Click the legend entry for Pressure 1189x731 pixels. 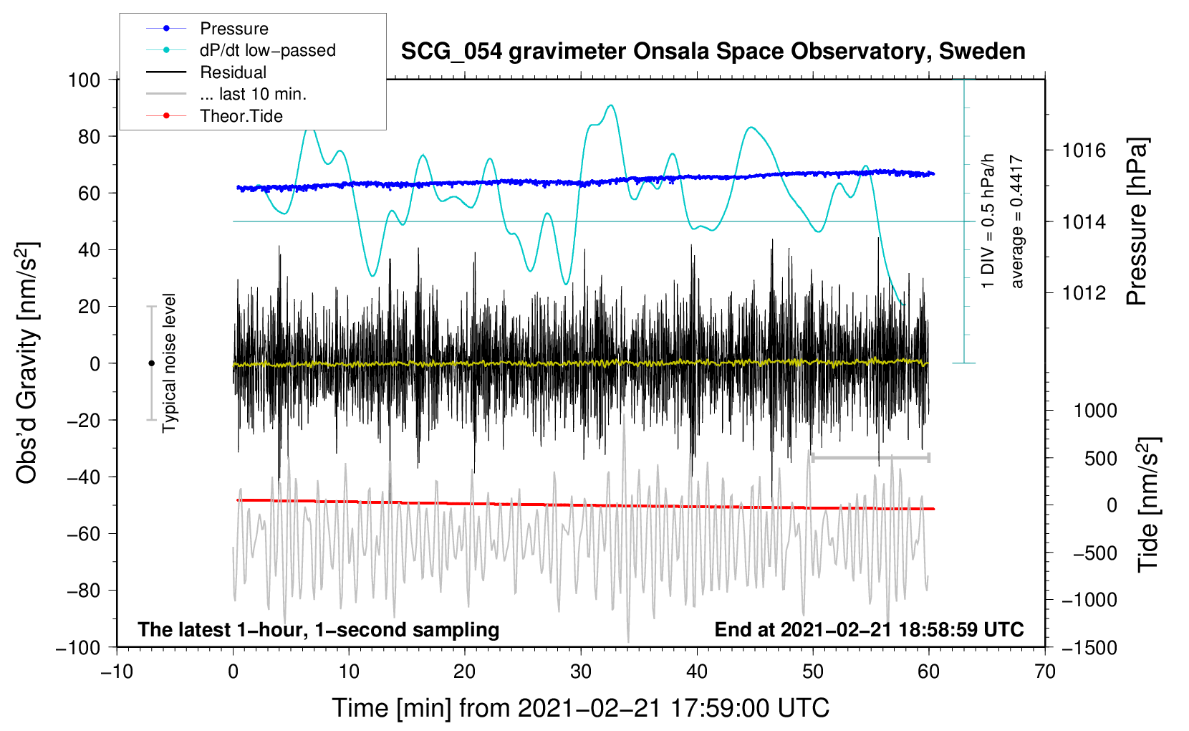(208, 28)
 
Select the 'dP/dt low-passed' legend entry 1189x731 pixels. (241, 50)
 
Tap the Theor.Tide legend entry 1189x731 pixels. (214, 116)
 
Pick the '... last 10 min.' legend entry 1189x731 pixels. (226, 94)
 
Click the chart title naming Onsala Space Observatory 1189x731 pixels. (713, 52)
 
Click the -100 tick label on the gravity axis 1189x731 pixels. (78, 648)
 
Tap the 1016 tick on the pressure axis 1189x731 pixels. (1084, 151)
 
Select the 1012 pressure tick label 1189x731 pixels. (1084, 292)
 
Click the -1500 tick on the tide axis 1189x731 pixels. (1089, 648)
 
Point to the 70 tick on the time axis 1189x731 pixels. (1044, 672)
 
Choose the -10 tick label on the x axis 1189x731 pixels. (117, 672)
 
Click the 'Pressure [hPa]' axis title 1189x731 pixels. (1137, 221)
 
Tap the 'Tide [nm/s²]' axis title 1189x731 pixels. (1149, 505)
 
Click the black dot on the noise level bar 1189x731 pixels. (151, 363)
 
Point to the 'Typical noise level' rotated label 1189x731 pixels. (169, 363)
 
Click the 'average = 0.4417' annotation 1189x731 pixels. (1016, 221)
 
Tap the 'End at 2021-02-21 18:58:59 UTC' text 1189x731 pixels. (869, 629)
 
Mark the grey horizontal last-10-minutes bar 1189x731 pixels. (870, 457)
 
